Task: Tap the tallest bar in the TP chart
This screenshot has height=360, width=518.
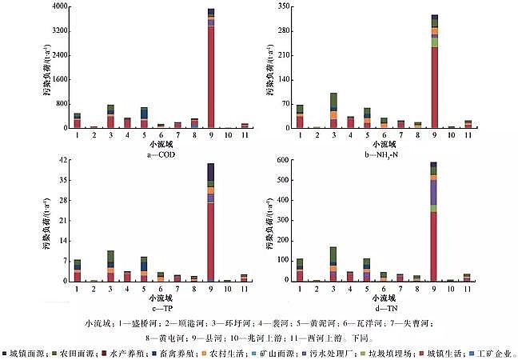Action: pyautogui.click(x=211, y=224)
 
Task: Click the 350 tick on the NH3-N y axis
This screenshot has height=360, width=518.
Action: pyautogui.click(x=279, y=6)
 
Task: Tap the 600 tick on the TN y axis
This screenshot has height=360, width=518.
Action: pyautogui.click(x=279, y=161)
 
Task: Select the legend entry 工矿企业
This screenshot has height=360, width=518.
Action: pyautogui.click(x=496, y=352)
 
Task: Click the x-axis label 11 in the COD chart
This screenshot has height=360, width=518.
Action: pyautogui.click(x=245, y=135)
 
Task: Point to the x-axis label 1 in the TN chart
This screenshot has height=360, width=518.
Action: pyautogui.click(x=300, y=290)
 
